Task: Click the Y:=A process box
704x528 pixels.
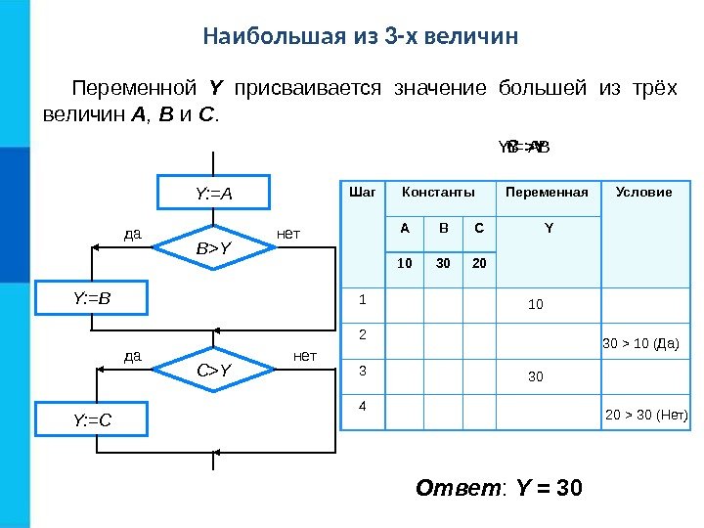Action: click(214, 193)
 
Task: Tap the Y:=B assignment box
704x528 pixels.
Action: click(91, 297)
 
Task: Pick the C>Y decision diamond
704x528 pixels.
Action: click(214, 370)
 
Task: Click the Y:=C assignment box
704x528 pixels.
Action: click(91, 420)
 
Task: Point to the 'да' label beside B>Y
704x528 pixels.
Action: click(133, 234)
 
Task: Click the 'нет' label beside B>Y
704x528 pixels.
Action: click(288, 234)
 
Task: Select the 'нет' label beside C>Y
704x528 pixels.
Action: click(305, 356)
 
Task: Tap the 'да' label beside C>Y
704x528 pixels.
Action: click(133, 356)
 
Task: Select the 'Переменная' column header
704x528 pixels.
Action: click(547, 193)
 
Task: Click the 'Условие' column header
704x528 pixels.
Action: click(643, 193)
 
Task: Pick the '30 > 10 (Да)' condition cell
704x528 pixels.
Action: click(639, 344)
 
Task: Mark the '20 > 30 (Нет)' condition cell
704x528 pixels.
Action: click(647, 416)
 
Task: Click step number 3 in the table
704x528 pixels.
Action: click(362, 371)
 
